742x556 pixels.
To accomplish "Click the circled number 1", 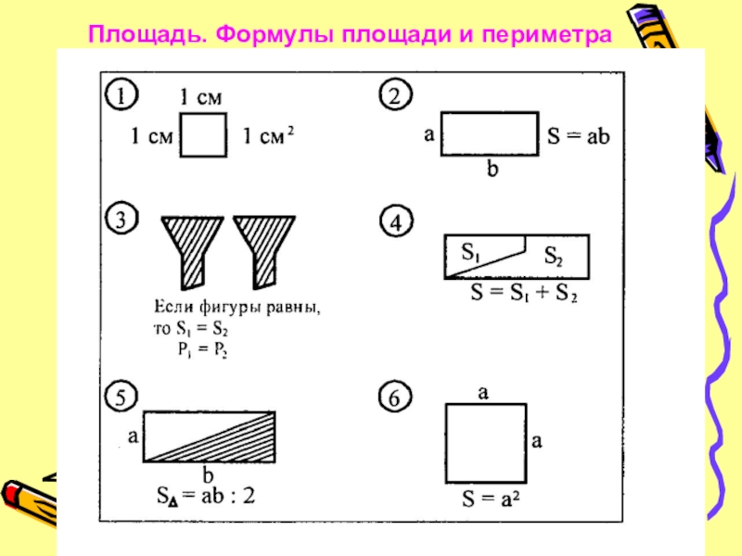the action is coord(122,95).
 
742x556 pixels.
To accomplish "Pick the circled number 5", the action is coord(122,394).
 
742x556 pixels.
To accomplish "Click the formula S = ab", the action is coord(578,135).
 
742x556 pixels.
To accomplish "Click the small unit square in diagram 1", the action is coord(202,135).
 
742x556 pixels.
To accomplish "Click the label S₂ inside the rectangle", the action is coord(553,257).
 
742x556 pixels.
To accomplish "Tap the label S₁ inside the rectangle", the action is coord(472,251).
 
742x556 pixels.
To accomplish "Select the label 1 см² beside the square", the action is coord(269,136).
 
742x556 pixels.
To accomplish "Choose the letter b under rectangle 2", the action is coord(492,170).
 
